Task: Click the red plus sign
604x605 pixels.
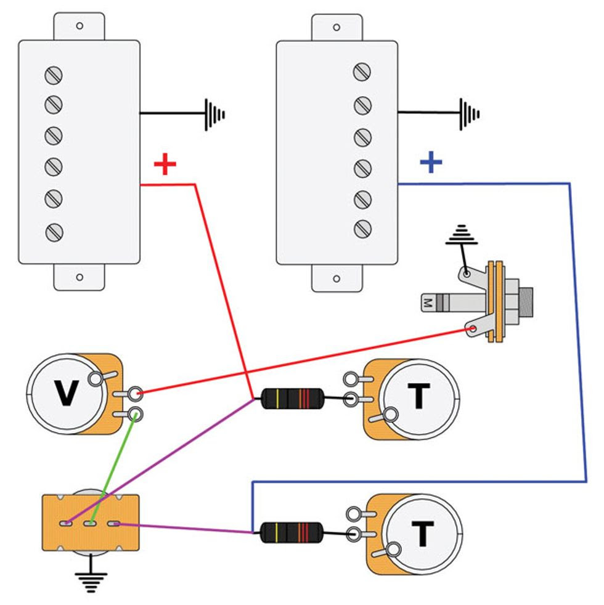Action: (165, 164)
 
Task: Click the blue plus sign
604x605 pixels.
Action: (431, 162)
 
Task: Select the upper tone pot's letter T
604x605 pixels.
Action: (418, 397)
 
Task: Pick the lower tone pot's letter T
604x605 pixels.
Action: (422, 534)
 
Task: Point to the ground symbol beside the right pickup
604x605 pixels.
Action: (470, 114)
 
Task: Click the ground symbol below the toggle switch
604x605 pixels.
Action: (91, 580)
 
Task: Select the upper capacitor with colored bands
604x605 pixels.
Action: (292, 399)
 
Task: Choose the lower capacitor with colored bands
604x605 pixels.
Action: (292, 532)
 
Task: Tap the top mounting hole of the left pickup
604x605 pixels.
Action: (80, 26)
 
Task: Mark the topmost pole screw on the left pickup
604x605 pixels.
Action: (54, 75)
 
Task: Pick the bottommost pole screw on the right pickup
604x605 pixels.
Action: (362, 229)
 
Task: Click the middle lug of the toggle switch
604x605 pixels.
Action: (91, 524)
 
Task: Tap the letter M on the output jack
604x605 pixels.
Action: (426, 302)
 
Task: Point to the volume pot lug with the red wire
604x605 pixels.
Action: (135, 392)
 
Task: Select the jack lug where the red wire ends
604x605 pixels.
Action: (473, 330)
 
